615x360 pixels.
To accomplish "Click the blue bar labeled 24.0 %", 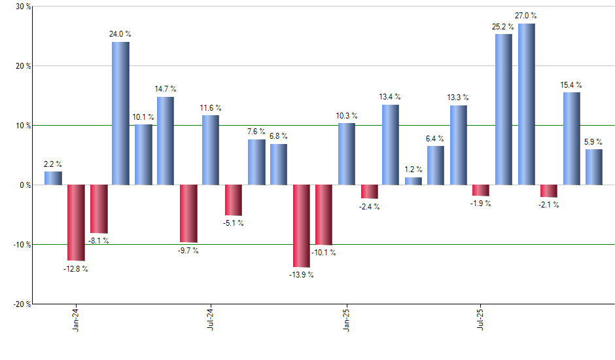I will click(120, 113).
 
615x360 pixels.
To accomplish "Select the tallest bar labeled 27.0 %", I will click(527, 104).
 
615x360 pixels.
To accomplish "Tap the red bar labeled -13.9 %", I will click(301, 226).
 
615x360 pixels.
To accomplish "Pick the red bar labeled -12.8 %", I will click(76, 223).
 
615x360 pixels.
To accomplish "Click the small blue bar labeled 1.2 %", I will click(413, 181).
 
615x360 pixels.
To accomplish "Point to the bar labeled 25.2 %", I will click(504, 109).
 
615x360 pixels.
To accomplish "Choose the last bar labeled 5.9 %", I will click(594, 167).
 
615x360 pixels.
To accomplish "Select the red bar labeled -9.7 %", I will click(188, 213).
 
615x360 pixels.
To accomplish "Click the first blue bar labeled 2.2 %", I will click(53, 178).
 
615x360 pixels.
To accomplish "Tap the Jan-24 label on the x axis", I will click(76, 319).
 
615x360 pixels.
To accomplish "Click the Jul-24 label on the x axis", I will click(211, 319).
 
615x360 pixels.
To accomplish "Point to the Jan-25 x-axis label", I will click(346, 319).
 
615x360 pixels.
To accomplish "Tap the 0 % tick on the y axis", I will click(25, 185).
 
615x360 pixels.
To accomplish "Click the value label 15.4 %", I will click(571, 85).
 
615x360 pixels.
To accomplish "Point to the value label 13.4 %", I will click(391, 98).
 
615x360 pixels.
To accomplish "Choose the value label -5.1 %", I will click(233, 223).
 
